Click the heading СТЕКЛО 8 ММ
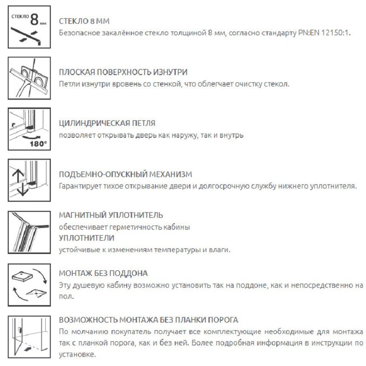click(85, 22)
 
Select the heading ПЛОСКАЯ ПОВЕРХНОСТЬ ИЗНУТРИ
click(124, 72)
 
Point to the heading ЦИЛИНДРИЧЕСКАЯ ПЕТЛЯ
click(108, 124)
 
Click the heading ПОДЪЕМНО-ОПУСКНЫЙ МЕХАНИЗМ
click(126, 174)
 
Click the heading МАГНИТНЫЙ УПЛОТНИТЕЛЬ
click(111, 215)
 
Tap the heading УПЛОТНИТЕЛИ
click(87, 238)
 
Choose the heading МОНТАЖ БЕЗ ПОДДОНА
click(103, 273)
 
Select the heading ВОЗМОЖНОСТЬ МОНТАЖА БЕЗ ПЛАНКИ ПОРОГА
click(149, 319)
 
